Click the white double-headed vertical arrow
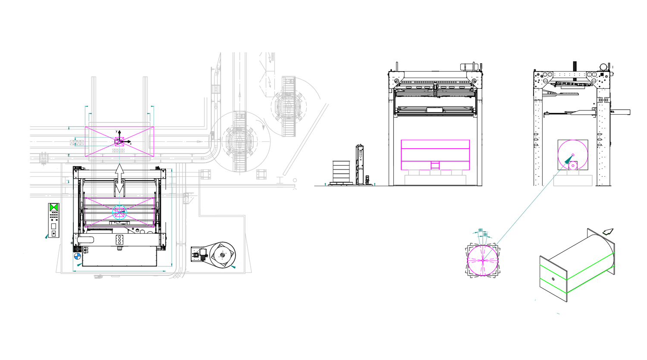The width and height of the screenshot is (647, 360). pos(119,179)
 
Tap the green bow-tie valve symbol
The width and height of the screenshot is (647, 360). pos(54,207)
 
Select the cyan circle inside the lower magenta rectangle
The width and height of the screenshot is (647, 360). pos(119,211)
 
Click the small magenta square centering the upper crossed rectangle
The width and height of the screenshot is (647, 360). pos(119,141)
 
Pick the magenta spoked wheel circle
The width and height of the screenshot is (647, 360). pos(483,260)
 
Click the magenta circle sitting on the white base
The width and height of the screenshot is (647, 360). pos(573,154)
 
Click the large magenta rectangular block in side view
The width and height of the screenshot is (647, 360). pos(435,154)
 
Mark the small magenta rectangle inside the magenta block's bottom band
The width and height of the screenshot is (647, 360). pos(435,165)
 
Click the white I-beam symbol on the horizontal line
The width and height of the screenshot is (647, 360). pos(280,178)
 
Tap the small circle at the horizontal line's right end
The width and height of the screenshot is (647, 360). pos(295,180)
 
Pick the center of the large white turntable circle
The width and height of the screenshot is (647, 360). pos(240,142)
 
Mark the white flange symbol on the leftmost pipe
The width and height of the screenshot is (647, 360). pos(44,158)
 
